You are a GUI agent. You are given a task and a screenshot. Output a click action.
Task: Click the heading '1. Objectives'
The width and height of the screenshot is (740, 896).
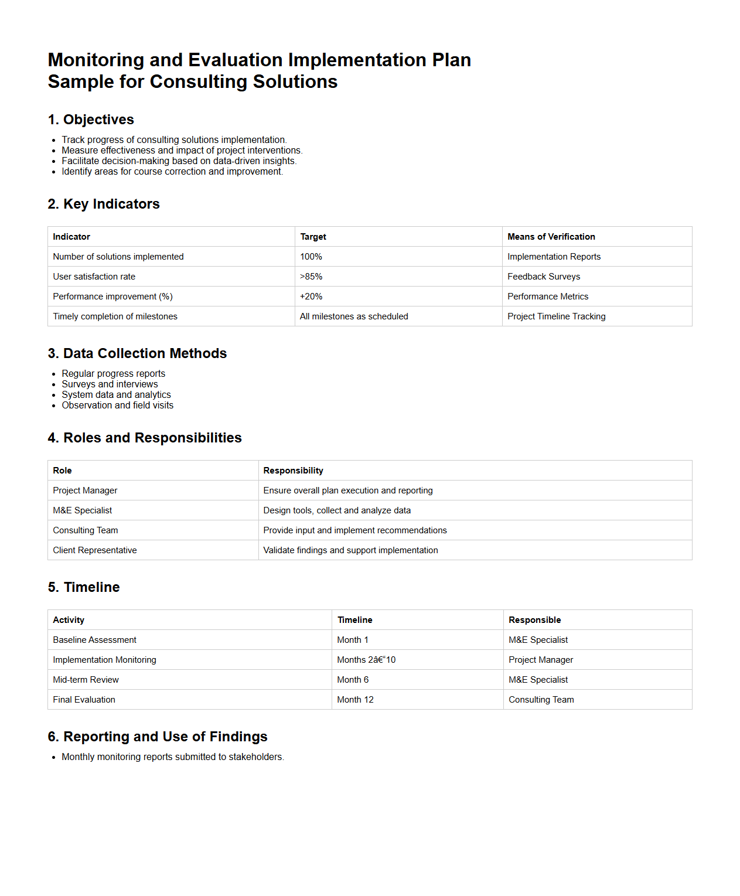coord(91,120)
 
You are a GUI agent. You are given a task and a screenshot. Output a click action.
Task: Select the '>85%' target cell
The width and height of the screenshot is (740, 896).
coord(311,277)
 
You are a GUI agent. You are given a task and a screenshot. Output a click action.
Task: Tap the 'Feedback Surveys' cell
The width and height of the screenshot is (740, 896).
coord(544,277)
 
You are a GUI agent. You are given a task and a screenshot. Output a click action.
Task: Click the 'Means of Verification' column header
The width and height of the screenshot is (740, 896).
coord(551,237)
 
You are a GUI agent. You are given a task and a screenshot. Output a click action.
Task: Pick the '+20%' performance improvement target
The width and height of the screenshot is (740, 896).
coord(311,297)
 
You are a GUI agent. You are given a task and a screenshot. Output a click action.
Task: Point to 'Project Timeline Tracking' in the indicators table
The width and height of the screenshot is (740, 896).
coord(556,316)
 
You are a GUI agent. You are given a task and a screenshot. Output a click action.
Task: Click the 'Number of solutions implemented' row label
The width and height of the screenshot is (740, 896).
coord(118,257)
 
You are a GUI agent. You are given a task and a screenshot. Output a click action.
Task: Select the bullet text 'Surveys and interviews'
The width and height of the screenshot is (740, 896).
coord(110,384)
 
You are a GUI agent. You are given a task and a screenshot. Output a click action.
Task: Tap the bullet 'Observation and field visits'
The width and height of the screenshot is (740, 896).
coord(117,406)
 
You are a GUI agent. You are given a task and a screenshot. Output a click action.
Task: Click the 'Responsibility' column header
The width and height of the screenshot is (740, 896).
coord(293,471)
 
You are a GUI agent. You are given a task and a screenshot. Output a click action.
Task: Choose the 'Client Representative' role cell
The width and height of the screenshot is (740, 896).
coord(95,550)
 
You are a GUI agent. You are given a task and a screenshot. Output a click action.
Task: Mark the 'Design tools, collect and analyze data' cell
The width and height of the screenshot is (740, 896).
coord(337,510)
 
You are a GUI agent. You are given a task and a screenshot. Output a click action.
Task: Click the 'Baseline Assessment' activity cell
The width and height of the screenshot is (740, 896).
coord(94,640)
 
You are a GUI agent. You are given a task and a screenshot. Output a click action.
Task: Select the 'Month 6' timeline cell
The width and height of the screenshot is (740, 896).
coord(353,680)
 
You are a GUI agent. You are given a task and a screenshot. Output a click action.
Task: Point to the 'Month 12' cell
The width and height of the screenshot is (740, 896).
coord(355,700)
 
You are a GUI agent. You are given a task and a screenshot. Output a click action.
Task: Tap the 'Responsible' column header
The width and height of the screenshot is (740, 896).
coord(534,620)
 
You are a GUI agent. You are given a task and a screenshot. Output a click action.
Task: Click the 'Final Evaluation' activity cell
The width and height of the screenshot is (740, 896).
coord(84,700)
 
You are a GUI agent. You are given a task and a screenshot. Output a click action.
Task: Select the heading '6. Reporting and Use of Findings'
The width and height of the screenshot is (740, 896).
coord(158,737)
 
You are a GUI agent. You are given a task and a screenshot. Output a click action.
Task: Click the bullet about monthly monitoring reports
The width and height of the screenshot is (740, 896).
coord(173,757)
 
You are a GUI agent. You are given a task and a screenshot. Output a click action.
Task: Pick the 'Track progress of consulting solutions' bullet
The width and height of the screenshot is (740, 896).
coord(174,140)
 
